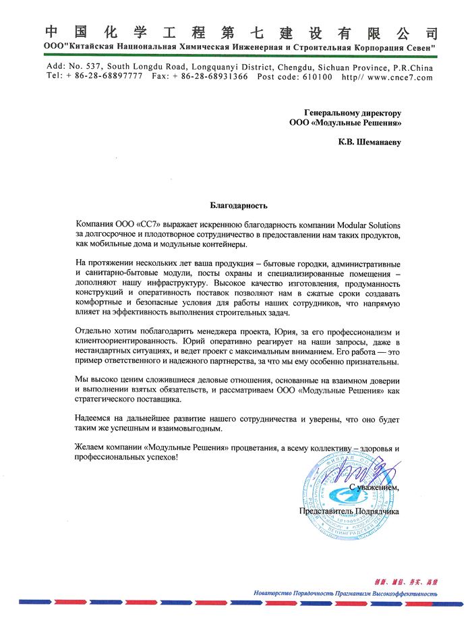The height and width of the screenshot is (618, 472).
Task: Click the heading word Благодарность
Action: tap(239, 204)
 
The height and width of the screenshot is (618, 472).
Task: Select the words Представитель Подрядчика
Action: tap(349, 511)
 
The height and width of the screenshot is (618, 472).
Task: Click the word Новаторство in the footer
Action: tap(274, 594)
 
